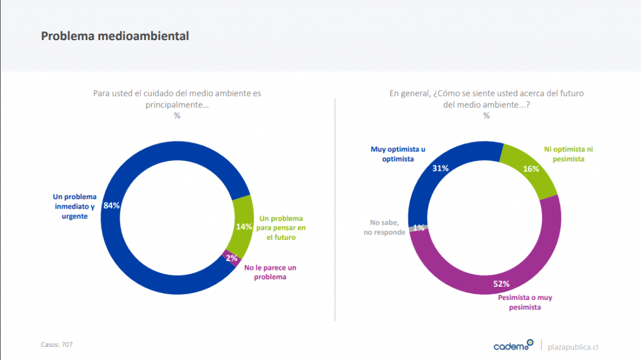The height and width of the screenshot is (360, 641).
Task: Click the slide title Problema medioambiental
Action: (115, 36)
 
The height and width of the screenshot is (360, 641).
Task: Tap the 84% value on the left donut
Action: (111, 205)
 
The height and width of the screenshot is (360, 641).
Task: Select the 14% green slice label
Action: (244, 227)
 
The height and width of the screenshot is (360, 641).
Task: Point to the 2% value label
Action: (232, 258)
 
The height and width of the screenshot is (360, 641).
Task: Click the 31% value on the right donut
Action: (440, 168)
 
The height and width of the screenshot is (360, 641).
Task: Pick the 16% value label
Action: (531, 168)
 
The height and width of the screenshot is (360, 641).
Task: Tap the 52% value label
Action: (501, 284)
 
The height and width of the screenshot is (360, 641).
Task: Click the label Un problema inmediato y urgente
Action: (73, 206)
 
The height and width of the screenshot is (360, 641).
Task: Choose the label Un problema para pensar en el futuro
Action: (281, 227)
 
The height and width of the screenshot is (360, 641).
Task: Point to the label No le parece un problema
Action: (270, 272)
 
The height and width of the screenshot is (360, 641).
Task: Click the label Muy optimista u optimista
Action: (398, 154)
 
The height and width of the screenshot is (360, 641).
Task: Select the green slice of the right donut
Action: (532, 167)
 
